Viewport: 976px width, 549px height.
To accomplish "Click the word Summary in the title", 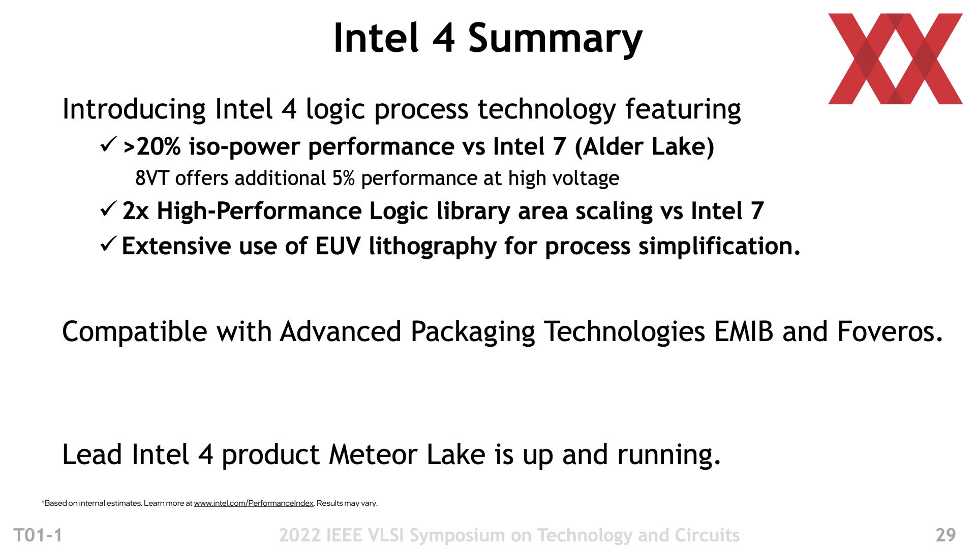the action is tap(555, 39).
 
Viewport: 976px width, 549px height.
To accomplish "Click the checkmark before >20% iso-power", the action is tap(109, 144).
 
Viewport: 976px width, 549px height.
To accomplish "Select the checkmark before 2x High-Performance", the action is tap(109, 208).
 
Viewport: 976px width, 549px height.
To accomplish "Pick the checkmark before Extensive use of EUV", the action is tap(109, 244).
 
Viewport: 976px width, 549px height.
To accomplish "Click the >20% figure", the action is tap(152, 147).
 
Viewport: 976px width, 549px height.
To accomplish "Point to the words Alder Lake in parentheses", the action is tap(645, 147).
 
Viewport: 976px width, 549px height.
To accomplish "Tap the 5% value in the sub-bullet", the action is tap(343, 178).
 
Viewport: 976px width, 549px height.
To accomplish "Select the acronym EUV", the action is tap(338, 246).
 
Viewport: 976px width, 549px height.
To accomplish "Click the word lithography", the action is tap(433, 247).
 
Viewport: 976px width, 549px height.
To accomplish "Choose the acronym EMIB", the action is tap(744, 331).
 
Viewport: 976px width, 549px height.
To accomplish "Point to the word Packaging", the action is tap(473, 333).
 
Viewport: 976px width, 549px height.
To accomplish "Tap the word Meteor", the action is tap(373, 454).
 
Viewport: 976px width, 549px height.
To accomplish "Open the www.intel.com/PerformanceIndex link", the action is tap(254, 503).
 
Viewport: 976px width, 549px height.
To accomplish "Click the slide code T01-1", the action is tap(38, 535).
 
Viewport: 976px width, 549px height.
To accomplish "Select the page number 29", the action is tap(945, 535).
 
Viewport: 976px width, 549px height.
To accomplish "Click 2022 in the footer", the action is tap(299, 535).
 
